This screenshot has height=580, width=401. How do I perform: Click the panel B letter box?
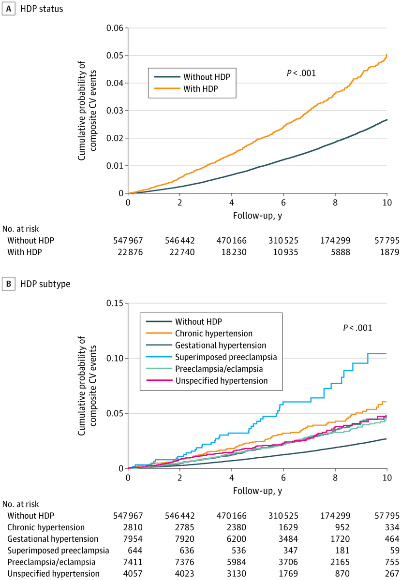tap(8, 284)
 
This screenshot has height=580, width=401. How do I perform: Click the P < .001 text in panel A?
tap(301, 72)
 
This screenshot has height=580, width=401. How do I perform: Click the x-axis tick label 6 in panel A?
tap(283, 202)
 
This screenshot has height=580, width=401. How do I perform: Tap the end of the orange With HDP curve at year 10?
tap(386, 55)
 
